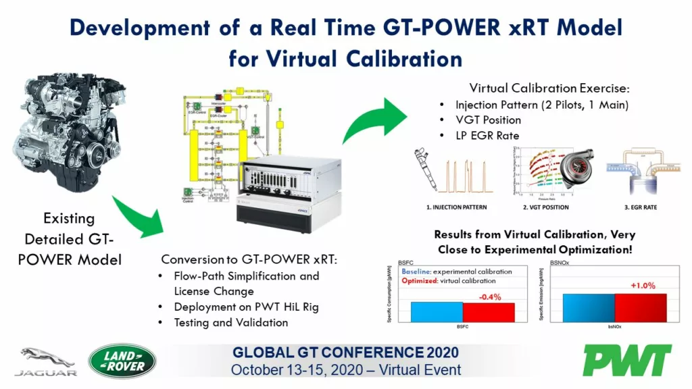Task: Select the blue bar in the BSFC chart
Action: pos(437,312)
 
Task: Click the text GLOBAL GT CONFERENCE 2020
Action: pos(345,352)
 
